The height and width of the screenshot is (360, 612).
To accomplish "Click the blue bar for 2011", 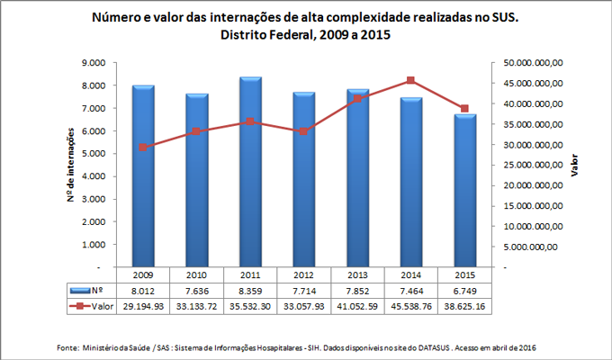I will (251, 172).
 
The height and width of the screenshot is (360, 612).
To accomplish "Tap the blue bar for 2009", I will (143, 176).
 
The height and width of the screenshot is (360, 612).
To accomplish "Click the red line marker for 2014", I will (410, 81).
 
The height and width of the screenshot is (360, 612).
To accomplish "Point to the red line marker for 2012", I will (303, 131).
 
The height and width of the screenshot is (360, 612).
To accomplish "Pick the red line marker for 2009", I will (143, 147).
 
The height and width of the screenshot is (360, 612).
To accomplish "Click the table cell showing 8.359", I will (251, 291).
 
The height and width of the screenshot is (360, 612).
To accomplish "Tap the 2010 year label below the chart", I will (197, 274).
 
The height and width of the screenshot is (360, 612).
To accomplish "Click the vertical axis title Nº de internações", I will (69, 166).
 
